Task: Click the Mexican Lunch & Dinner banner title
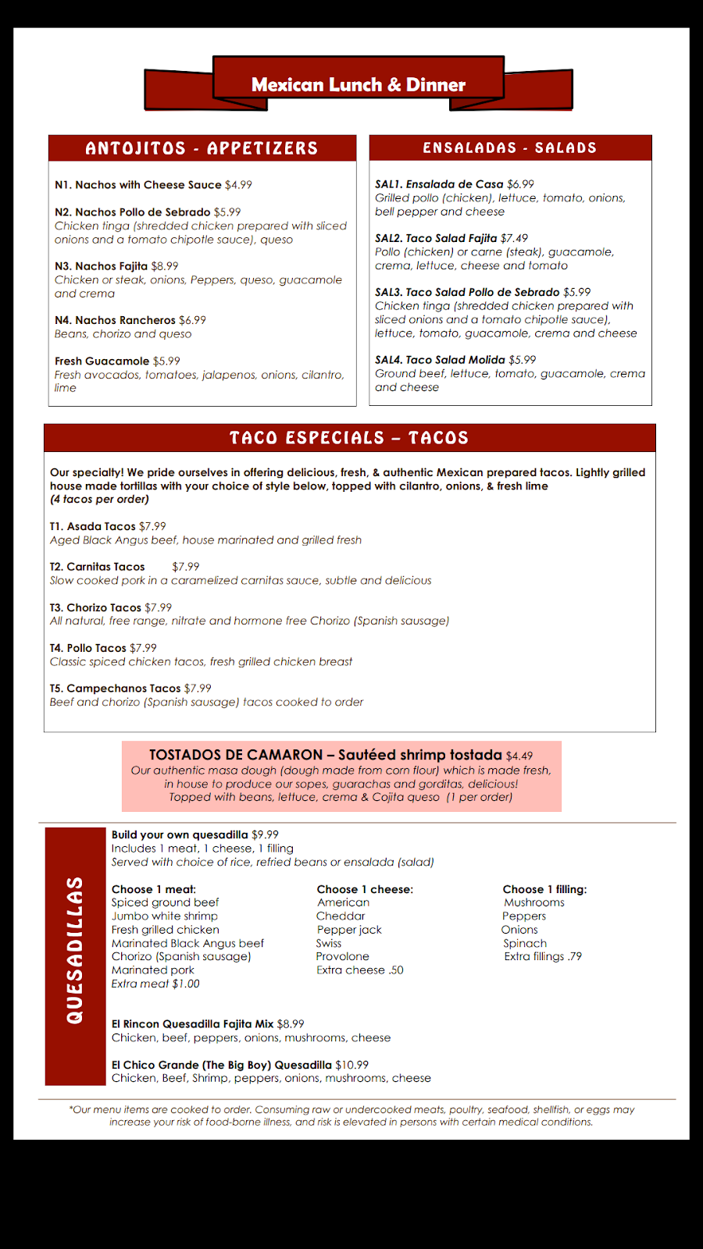358,84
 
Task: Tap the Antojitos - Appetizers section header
202,148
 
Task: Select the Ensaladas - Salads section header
509,148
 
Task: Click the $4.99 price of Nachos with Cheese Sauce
238,185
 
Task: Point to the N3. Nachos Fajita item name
101,266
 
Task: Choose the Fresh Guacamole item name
102,361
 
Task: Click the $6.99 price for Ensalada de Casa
520,184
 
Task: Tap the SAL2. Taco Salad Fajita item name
436,238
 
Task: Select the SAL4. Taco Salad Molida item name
440,360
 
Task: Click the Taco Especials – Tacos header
349,438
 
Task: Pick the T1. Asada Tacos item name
92,527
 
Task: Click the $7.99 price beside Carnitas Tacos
186,567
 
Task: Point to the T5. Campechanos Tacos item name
115,689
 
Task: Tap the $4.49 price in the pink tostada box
519,756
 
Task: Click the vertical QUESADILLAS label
75,950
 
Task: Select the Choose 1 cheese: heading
365,889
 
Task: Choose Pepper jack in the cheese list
349,930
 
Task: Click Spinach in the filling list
525,943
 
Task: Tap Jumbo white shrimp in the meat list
165,916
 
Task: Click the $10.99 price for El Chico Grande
351,1065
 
